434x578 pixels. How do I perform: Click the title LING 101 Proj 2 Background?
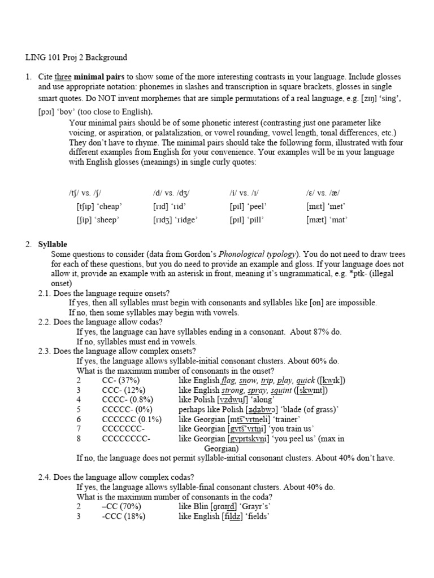coord(76,58)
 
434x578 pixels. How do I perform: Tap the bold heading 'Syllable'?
coord(53,244)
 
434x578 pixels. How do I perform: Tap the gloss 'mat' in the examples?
coord(338,220)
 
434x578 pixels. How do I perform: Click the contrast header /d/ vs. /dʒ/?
coord(172,192)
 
